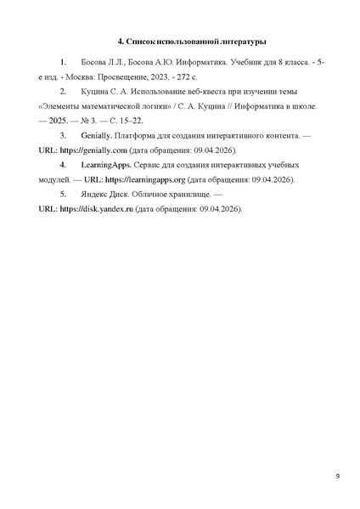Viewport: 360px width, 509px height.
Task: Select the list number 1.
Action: click(x=63, y=64)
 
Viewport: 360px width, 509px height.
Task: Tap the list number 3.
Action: click(x=63, y=136)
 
